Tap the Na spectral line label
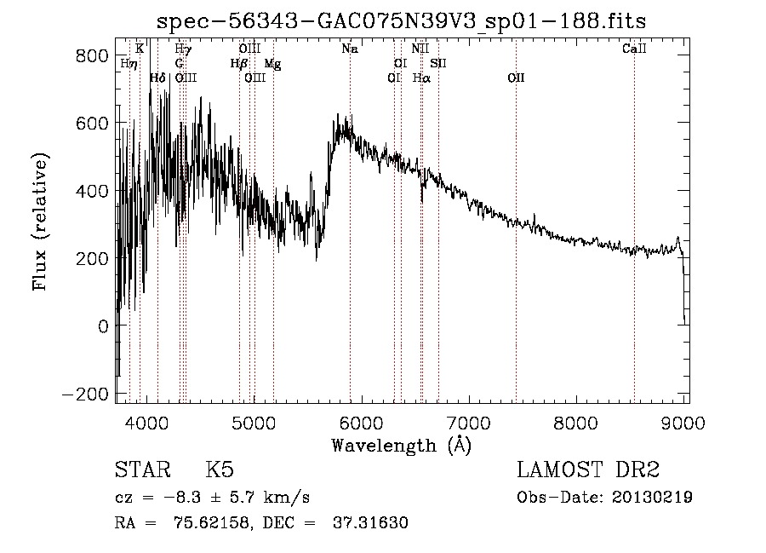(x=350, y=49)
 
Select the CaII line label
(x=634, y=49)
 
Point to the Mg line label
(x=272, y=64)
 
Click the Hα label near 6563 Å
(x=421, y=78)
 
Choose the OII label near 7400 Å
(x=516, y=78)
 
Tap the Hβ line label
(x=239, y=64)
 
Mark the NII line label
(x=420, y=49)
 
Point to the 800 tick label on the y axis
(x=91, y=55)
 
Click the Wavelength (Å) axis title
(x=401, y=445)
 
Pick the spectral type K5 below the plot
(x=220, y=470)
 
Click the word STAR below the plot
(x=140, y=470)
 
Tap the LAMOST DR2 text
(x=588, y=470)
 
